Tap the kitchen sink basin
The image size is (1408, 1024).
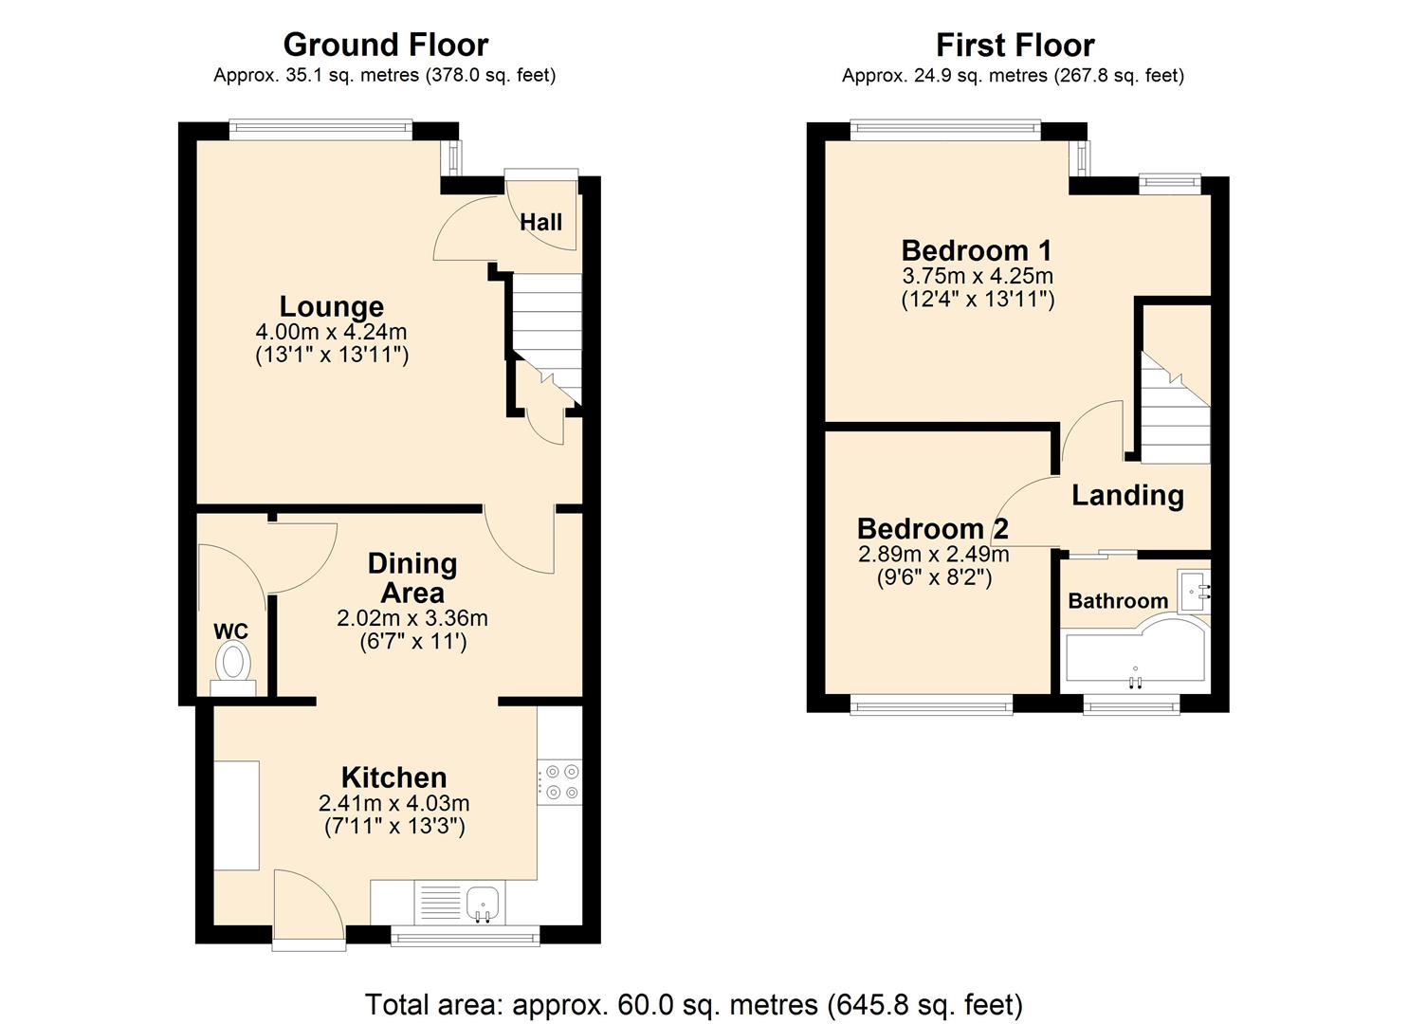(484, 901)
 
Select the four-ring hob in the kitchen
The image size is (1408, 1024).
(559, 782)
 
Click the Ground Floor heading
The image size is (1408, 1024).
(385, 45)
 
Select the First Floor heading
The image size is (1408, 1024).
(1015, 45)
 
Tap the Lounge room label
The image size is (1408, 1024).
(331, 306)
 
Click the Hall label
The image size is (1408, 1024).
(540, 222)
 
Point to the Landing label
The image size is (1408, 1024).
(1127, 495)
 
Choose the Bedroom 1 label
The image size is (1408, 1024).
(977, 250)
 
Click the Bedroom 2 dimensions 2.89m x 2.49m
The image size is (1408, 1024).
(933, 554)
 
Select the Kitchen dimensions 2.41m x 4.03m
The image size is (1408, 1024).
(393, 803)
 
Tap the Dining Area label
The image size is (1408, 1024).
(411, 577)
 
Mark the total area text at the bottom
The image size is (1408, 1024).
(693, 1004)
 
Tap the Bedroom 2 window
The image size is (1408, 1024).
(931, 704)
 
